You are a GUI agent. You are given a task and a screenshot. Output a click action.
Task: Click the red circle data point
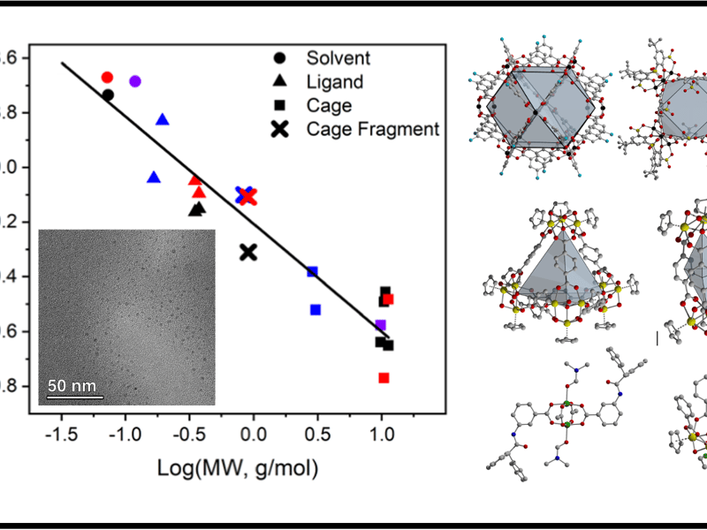pos(107,78)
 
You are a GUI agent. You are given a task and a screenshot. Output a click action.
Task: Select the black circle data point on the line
pos(108,95)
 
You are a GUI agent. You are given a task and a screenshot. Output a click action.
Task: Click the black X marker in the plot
pos(248,253)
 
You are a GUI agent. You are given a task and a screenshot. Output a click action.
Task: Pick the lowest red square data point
pos(384,378)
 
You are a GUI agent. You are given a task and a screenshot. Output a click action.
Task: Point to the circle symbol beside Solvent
pos(280,58)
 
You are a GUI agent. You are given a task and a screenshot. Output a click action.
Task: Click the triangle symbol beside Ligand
pos(280,82)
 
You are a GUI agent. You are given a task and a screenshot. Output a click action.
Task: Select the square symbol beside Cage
pos(280,106)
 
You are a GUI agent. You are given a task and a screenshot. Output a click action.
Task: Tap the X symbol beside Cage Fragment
pos(280,130)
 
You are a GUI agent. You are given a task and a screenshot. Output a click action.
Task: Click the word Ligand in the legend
pos(335,82)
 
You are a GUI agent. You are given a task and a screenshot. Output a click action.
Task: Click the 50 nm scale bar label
pos(71,386)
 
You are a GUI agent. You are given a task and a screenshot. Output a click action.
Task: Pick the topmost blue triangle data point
pos(163,119)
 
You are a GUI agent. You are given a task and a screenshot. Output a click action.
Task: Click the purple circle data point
pos(135,81)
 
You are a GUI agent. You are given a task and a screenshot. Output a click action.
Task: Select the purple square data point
pos(381,325)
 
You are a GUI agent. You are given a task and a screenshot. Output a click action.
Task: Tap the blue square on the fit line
pos(312,271)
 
